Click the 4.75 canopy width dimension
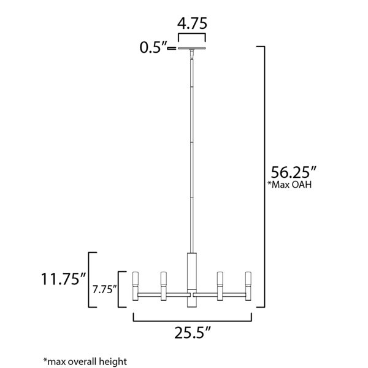click(192, 23)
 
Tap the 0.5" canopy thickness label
click(153, 47)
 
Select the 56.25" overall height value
click(294, 172)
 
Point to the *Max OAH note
click(289, 185)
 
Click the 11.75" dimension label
click(64, 279)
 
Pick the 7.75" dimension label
click(104, 289)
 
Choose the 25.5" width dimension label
click(193, 332)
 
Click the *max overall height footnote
click(85, 361)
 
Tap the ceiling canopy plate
click(192, 48)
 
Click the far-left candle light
click(136, 286)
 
